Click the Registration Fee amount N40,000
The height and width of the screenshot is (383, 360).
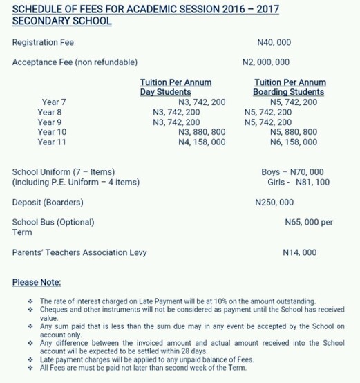[x=273, y=43]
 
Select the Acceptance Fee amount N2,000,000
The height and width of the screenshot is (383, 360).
[x=266, y=62]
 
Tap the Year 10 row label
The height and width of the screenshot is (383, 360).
[x=52, y=132]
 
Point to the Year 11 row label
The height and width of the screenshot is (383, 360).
[x=52, y=142]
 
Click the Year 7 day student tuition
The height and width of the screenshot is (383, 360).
[x=202, y=102]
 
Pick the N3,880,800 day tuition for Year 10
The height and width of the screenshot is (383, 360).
[x=202, y=132]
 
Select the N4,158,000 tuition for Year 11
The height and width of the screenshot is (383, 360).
[x=202, y=142]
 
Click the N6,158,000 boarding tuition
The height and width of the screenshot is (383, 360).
[x=294, y=142]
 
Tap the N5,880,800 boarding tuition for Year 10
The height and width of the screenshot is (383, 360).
[x=294, y=132]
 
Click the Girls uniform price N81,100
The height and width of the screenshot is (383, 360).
[x=299, y=182]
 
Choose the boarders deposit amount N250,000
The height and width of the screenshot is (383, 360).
[x=274, y=203]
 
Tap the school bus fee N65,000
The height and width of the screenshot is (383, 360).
[x=308, y=223]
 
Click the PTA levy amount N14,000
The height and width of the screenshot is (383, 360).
[x=300, y=252]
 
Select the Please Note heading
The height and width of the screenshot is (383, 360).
[x=37, y=283]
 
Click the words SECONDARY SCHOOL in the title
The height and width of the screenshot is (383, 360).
[x=62, y=21]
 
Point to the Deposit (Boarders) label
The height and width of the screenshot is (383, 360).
[x=48, y=203]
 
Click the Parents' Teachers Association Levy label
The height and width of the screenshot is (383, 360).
[x=79, y=252]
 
